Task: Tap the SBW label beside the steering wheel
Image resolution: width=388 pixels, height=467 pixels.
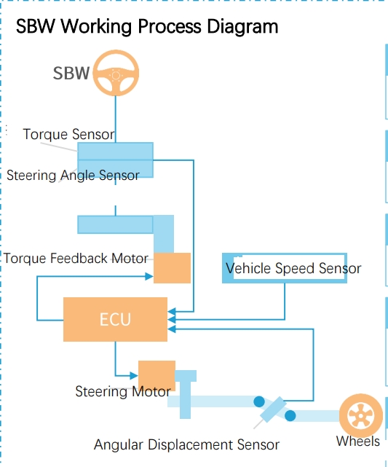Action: [x=71, y=73]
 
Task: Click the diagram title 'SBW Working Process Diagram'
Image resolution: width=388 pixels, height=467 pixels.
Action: [x=147, y=27]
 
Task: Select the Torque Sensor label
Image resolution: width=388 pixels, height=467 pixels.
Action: [x=68, y=135]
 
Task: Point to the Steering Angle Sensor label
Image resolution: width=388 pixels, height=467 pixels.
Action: [x=73, y=176]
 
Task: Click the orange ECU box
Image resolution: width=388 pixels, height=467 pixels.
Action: [x=115, y=319]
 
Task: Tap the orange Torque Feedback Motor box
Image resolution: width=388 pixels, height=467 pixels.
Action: [x=172, y=268]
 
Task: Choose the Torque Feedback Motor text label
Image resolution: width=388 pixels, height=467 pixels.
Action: [x=76, y=259]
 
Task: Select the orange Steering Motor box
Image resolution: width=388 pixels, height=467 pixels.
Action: [x=157, y=375]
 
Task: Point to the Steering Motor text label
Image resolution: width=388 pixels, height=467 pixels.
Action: [x=122, y=392]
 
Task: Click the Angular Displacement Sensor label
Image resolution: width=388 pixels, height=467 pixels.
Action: [x=186, y=444]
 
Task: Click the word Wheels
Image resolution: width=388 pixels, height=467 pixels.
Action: [x=357, y=442]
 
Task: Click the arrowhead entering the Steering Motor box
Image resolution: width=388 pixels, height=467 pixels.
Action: [x=134, y=376]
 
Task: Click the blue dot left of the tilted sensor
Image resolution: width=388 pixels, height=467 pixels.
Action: [x=258, y=401]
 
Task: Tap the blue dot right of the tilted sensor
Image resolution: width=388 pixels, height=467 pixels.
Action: [x=290, y=417]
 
